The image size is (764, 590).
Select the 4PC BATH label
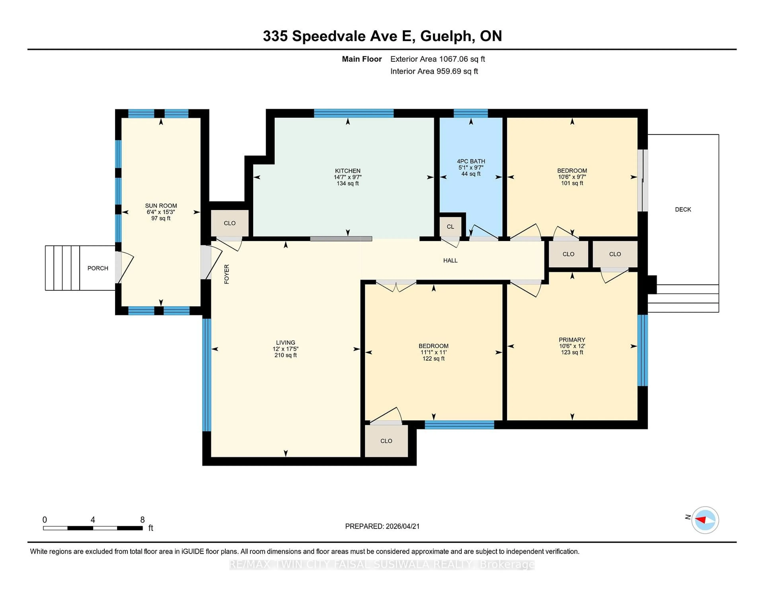coord(471,161)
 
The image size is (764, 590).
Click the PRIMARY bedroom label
coord(572,340)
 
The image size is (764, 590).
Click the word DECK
coord(683,209)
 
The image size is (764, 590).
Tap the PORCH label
coord(98,268)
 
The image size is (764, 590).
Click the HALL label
coord(450,260)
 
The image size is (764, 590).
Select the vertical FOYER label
coord(227,274)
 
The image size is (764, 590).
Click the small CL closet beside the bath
coord(450,226)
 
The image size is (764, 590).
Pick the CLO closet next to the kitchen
coord(229,223)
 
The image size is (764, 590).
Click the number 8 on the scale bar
coord(142,520)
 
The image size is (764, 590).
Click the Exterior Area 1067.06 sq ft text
coord(437,59)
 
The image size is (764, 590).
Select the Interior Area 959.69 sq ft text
coord(434,71)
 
